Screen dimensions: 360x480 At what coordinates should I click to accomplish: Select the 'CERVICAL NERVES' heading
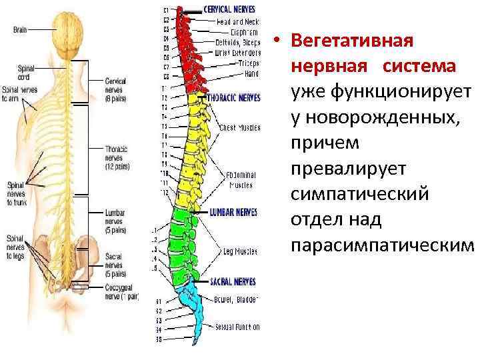229,10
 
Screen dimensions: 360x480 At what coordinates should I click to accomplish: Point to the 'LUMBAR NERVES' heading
233,213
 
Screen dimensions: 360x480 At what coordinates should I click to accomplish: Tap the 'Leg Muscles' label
239,251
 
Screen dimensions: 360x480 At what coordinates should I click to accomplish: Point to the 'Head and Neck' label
238,21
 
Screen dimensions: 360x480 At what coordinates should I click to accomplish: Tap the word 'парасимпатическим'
382,245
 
